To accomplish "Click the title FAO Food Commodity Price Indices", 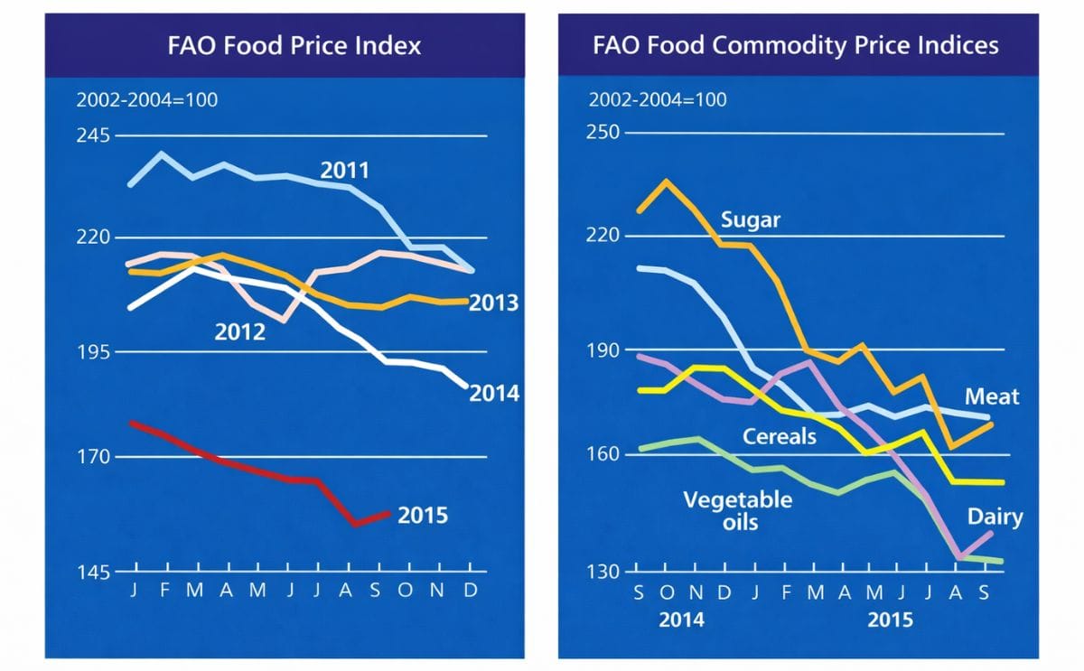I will click(x=796, y=46).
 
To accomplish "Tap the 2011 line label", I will click(x=344, y=170).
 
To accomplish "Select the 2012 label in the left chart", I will click(x=239, y=332).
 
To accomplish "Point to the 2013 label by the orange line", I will click(x=493, y=303).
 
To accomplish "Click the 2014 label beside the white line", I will click(x=494, y=394).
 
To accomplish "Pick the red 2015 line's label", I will click(x=423, y=516).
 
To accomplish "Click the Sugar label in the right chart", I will click(x=750, y=219).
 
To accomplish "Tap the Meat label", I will click(x=991, y=396).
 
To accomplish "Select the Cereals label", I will click(x=779, y=437).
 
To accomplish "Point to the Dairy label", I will click(x=995, y=517).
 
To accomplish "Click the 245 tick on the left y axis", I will click(x=93, y=135).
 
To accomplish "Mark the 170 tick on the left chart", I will click(x=93, y=457).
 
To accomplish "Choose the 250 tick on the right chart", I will click(x=603, y=133).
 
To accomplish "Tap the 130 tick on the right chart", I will click(x=603, y=571).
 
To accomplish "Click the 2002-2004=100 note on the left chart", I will click(x=146, y=99).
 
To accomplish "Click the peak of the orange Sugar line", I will click(x=666, y=181).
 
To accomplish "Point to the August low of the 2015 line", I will click(x=356, y=524).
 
